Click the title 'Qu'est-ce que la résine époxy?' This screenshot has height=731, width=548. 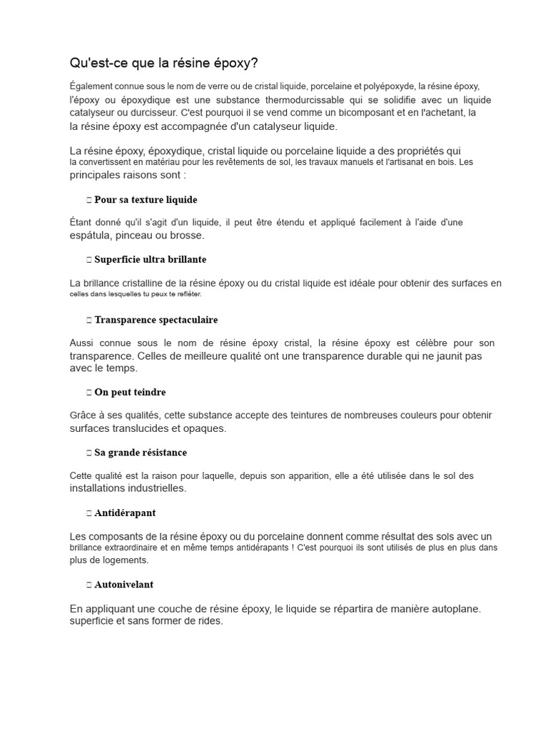click(163, 63)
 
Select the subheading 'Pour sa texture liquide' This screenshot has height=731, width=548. click(146, 200)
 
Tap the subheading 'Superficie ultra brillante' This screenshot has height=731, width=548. click(150, 260)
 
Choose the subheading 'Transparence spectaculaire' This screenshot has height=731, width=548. click(156, 320)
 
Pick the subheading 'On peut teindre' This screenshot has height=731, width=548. click(130, 392)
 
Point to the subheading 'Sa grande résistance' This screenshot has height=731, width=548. click(141, 453)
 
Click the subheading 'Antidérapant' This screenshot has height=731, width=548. click(125, 513)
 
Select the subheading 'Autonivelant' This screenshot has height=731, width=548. click(123, 584)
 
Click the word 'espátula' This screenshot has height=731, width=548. click(90, 235)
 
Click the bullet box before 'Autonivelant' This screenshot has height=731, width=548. click(89, 585)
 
